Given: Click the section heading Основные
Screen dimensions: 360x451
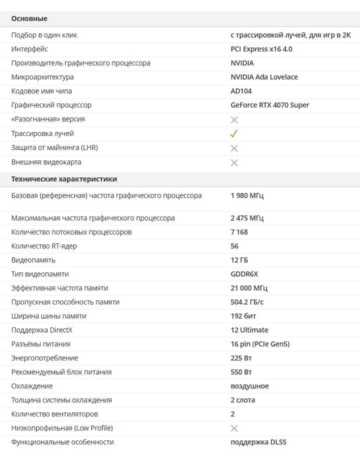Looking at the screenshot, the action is coord(29,18).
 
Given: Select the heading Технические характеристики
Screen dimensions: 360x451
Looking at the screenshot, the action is coord(64,179).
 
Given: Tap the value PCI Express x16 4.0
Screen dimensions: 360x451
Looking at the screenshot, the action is coord(261,49).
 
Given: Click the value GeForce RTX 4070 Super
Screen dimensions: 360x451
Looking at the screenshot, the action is coord(269,105).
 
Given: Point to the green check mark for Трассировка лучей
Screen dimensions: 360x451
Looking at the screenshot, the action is coord(234,134).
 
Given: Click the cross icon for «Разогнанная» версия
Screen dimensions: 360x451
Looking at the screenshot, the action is coord(234,120).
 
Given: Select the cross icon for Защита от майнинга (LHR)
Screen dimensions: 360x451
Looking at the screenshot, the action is coord(234,148).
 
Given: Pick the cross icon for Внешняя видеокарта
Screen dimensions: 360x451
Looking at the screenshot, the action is coord(234,163).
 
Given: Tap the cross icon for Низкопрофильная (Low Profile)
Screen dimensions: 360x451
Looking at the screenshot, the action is coord(234,428).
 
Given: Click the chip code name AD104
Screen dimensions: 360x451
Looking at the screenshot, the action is coord(241,91).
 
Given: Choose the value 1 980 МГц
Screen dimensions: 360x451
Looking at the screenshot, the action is coord(247,195).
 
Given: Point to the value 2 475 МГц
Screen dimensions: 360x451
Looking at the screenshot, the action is coord(247,218).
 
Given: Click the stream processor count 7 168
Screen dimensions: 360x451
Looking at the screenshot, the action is coord(239,232).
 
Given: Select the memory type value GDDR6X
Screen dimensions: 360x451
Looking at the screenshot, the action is coord(244,274).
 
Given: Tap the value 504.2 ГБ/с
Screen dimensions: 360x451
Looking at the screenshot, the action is coord(247,302).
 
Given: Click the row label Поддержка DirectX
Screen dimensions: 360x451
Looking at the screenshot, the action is coord(42,330).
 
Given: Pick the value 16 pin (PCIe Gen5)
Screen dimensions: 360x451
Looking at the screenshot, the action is coord(260,344).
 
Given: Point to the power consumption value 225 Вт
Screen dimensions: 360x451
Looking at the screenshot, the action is coord(241,358).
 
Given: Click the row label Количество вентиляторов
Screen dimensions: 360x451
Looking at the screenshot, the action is coord(54,414).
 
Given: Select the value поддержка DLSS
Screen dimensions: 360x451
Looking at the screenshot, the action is coord(258,442).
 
